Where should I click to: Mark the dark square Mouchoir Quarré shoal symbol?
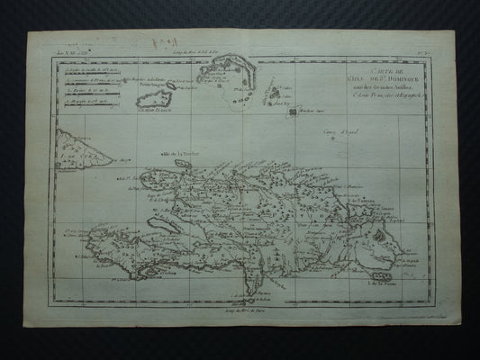[317, 112]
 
